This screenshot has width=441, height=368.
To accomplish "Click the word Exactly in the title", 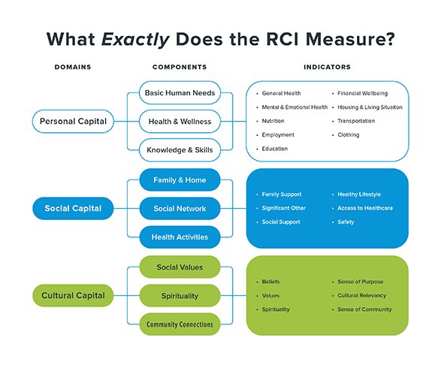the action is tap(135, 40).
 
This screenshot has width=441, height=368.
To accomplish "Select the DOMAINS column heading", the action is tap(73, 67).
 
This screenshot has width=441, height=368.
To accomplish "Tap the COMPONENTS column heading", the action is tap(180, 67).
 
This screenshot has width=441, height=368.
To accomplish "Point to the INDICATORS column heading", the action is tap(327, 67).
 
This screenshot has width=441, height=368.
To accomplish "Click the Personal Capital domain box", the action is tap(73, 121).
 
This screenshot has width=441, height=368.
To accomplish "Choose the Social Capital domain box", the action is tap(73, 208).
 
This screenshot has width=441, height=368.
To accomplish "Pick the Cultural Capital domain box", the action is tap(73, 295).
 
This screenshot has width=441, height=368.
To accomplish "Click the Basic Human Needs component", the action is tap(180, 93).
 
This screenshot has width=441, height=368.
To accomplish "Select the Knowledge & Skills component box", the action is tap(180, 150).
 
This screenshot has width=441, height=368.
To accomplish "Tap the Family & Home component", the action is tap(180, 180).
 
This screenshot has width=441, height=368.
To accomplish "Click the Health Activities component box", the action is tap(180, 237).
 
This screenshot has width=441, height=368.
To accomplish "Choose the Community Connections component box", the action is tap(180, 324).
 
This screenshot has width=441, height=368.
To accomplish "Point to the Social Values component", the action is tap(180, 267).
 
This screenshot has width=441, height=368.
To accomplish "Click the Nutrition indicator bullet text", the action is tap(273, 121).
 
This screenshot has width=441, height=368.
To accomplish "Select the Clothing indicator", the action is tap(349, 135).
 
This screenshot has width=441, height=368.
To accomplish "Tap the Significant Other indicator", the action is tap(284, 208).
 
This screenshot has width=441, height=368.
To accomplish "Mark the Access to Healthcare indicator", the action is tap(365, 208).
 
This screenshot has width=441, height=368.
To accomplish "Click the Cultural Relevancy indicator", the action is tap(361, 295).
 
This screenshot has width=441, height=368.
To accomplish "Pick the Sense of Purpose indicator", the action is tap(361, 282).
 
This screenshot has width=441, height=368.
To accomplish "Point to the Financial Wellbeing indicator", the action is tap(363, 93).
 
